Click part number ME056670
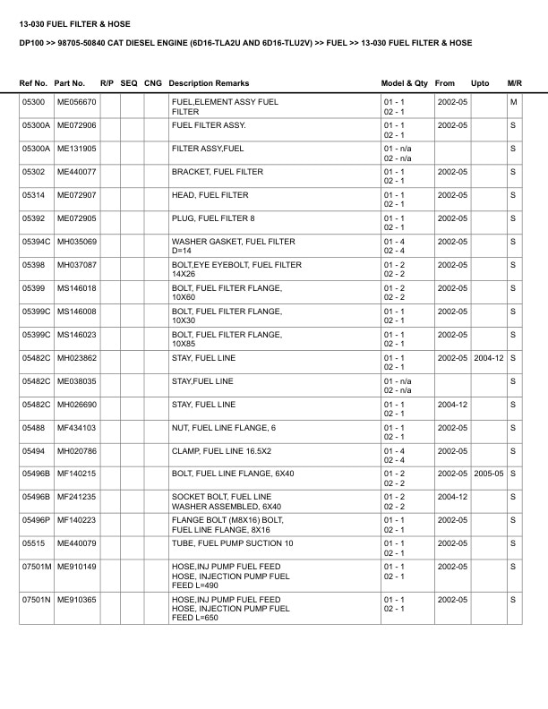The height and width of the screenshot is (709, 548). [x=77, y=102]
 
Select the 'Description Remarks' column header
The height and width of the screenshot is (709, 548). [x=209, y=83]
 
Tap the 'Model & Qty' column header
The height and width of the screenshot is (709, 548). [x=405, y=83]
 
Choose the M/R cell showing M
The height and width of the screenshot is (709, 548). [x=513, y=102]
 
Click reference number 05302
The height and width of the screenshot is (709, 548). [x=33, y=172]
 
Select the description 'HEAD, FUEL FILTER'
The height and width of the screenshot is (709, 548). [x=210, y=195]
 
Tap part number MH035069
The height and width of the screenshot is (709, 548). [x=77, y=242]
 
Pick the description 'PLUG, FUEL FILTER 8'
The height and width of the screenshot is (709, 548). [x=213, y=218]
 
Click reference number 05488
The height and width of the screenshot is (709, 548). [x=33, y=428]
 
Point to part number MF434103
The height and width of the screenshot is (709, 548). [x=77, y=428]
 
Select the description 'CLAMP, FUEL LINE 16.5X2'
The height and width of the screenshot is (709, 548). [x=220, y=451]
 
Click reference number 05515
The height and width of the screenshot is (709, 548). [x=33, y=544]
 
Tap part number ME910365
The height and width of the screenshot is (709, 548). [x=77, y=600]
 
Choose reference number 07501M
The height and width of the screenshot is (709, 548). [x=37, y=568]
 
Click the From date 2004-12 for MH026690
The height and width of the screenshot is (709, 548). [x=452, y=405]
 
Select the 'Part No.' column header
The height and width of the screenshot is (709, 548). [x=70, y=83]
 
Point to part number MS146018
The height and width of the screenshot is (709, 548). [x=77, y=288]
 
